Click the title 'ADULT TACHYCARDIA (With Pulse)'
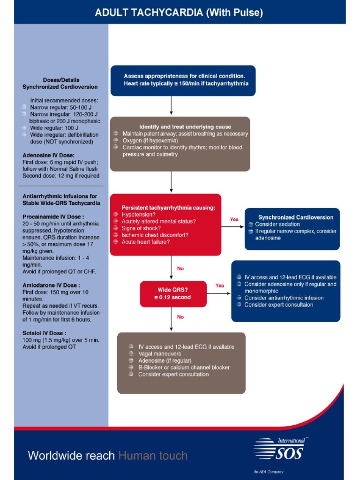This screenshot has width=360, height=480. [x=179, y=13]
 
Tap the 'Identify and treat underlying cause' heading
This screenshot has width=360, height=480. [x=185, y=127]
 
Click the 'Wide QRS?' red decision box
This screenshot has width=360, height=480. [x=173, y=294]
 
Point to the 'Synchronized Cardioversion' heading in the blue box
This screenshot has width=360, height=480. [x=296, y=217]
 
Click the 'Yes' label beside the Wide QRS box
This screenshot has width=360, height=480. [x=220, y=285]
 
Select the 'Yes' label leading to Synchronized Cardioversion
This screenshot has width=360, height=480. [x=234, y=219]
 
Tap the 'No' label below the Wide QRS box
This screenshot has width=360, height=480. [x=180, y=317]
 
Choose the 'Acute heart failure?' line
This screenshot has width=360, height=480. [x=146, y=242]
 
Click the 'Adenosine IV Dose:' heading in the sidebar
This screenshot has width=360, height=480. [x=48, y=155]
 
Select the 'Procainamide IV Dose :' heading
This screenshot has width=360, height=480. [x=53, y=217]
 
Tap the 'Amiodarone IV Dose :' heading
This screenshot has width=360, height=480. [x=51, y=285]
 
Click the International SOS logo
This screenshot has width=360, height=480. [x=279, y=450]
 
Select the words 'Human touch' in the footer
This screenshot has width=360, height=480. [x=153, y=455]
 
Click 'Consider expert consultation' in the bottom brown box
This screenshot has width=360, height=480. [x=173, y=375]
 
